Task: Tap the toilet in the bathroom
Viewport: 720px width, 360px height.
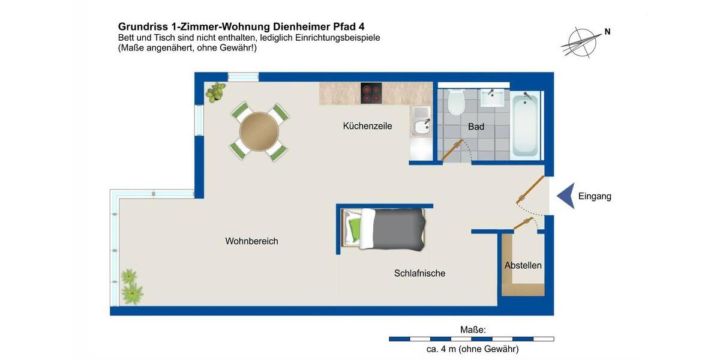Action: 457,101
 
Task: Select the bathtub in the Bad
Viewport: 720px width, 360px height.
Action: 526,124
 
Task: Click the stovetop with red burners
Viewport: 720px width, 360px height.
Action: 371,93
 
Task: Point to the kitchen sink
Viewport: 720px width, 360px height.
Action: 421,126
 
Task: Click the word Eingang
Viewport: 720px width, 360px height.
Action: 595,196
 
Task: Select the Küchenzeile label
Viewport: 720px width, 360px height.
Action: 367,126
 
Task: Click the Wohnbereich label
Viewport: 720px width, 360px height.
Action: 251,241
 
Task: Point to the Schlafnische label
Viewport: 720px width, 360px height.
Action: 419,273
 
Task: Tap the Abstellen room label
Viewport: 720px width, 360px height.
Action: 523,265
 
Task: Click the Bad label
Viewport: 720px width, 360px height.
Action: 476,127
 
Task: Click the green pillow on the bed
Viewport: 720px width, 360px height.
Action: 355,228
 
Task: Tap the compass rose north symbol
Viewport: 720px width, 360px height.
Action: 580,41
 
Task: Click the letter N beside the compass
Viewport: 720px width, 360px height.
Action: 607,32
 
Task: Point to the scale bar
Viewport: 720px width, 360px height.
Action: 471,339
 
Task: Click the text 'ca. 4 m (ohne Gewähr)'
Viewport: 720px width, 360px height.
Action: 471,349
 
